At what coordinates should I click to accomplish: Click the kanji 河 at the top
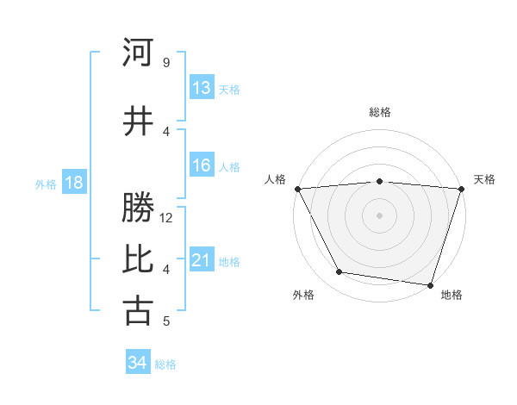[x=138, y=53]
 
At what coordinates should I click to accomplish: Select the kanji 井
[x=138, y=121]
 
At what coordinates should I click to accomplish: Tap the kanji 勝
[x=138, y=208]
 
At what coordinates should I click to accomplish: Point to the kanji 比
[x=138, y=258]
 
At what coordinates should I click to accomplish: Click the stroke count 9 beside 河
[x=165, y=63]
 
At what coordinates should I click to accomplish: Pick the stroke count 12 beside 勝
[x=166, y=218]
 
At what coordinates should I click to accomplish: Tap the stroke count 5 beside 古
[x=165, y=321]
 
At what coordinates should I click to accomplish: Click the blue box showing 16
[x=201, y=166]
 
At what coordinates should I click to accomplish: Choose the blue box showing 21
[x=201, y=260]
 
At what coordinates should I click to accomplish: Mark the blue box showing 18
[x=73, y=183]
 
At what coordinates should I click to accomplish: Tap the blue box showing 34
[x=137, y=364]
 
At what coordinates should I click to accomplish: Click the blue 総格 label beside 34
[x=165, y=364]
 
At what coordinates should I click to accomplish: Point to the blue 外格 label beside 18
[x=46, y=184]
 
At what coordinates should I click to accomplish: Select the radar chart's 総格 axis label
[x=379, y=112]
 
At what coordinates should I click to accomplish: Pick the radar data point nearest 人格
[x=297, y=189]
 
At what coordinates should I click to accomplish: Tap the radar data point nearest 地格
[x=430, y=284]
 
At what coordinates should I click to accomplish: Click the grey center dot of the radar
[x=379, y=215]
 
